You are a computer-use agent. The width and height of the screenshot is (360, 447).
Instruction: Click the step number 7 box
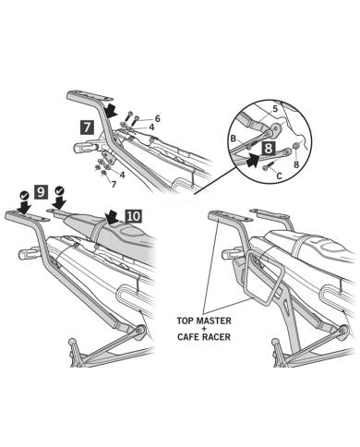click(87, 127)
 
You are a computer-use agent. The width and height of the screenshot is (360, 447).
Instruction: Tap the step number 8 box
click(269, 148)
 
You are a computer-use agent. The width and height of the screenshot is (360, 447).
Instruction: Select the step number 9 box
click(41, 192)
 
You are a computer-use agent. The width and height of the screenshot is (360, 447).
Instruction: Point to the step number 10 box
click(133, 216)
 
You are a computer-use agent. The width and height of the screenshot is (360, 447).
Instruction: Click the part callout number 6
click(158, 118)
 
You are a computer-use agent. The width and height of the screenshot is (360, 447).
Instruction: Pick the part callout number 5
click(275, 109)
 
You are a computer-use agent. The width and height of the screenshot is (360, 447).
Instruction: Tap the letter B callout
click(234, 139)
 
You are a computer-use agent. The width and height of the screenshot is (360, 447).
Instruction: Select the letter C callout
click(279, 175)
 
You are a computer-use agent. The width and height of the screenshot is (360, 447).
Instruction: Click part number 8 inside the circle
click(296, 164)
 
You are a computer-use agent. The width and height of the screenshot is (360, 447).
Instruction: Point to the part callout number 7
click(114, 185)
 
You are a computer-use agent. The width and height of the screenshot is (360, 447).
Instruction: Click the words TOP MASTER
click(204, 320)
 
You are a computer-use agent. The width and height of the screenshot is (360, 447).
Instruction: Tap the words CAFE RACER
click(204, 336)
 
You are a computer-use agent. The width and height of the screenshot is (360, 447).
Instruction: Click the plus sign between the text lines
click(204, 329)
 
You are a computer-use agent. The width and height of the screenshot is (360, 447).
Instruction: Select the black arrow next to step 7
click(111, 110)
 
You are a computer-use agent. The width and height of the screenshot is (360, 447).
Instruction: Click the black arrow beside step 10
click(112, 217)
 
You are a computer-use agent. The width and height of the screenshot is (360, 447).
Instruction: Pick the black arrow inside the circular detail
click(254, 160)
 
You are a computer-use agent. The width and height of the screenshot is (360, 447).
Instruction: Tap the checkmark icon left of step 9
click(24, 195)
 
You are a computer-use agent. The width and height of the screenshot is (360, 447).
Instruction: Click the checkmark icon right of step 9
click(59, 190)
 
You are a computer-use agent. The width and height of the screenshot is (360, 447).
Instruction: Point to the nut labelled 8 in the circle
click(295, 146)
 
